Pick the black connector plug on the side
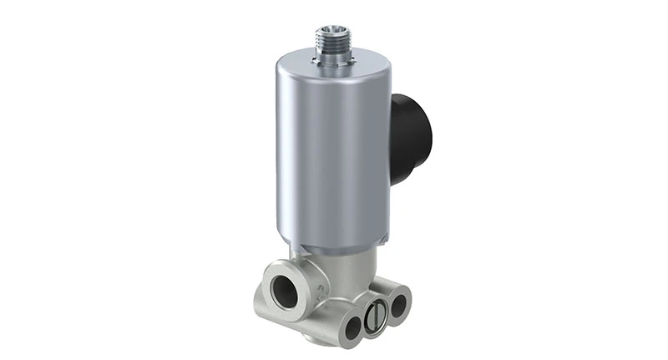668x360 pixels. pyautogui.click(x=410, y=138)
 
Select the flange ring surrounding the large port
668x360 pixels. pyautogui.click(x=269, y=280)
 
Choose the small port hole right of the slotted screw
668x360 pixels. pyautogui.click(x=398, y=304)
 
